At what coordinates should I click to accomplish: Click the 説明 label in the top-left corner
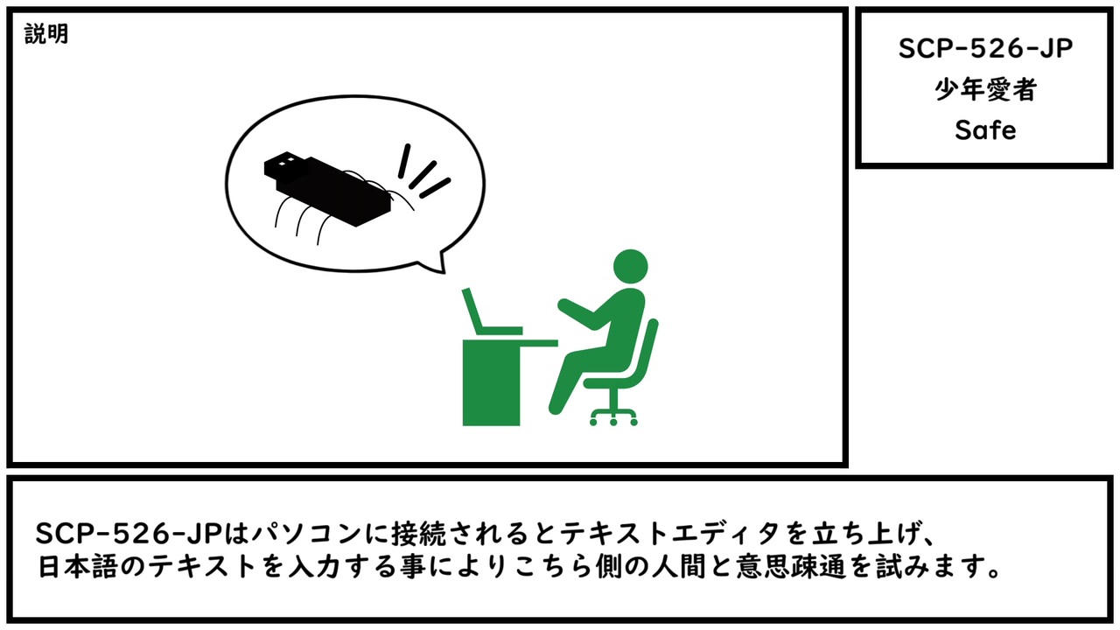tap(46, 34)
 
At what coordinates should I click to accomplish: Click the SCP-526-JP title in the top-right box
tap(985, 49)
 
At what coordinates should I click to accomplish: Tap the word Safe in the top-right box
tap(985, 130)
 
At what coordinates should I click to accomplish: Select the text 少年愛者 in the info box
tap(985, 90)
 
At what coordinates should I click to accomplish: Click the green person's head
tap(631, 267)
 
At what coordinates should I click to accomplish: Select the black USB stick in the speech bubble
tap(327, 189)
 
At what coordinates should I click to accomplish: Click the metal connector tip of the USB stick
tap(283, 165)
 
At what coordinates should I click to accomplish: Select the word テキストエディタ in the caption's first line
tap(669, 534)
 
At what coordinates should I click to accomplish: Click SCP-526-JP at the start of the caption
tap(129, 534)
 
